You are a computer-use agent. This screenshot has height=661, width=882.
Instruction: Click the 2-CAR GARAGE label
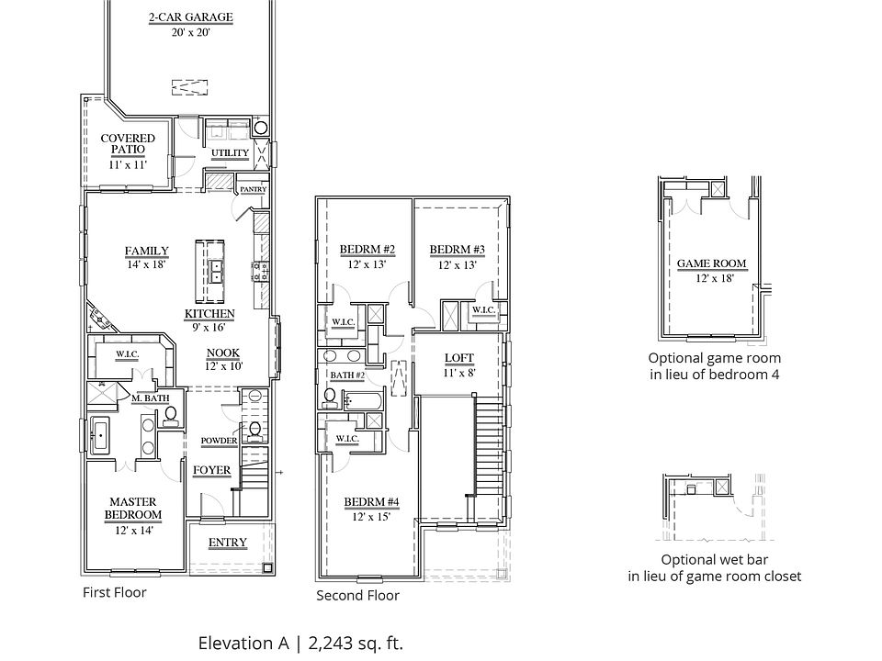(x=191, y=17)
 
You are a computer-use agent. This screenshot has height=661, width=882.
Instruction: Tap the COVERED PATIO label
(x=128, y=144)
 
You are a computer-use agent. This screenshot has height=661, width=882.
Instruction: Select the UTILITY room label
(x=230, y=153)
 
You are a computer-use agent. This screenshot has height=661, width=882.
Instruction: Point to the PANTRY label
(x=254, y=189)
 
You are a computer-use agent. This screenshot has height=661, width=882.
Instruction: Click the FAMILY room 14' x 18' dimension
(x=146, y=264)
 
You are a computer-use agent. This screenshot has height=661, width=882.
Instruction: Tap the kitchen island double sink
(x=216, y=272)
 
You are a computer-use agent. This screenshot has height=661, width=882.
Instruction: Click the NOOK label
(x=223, y=353)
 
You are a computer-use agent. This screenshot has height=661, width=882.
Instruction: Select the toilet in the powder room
(x=254, y=431)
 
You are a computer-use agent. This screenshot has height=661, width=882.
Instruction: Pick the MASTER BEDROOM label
(x=133, y=508)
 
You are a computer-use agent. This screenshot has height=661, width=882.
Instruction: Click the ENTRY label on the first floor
(x=228, y=543)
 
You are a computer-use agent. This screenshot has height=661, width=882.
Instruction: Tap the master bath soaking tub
(x=100, y=434)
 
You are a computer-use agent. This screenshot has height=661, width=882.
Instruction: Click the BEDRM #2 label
(x=367, y=250)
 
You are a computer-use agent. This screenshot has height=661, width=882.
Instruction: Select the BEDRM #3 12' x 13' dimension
(x=458, y=264)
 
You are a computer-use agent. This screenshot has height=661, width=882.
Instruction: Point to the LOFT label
(x=459, y=357)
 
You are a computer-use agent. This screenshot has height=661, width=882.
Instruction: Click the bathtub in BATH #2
(x=363, y=401)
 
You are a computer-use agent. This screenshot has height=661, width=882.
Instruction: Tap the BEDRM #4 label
(x=371, y=502)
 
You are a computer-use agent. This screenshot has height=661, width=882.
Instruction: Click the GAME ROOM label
(x=711, y=263)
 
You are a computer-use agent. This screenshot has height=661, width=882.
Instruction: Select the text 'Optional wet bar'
(x=715, y=560)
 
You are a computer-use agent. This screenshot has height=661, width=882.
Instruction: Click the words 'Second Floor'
(x=357, y=596)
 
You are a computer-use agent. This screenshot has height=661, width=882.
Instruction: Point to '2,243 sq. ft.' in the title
(x=356, y=643)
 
